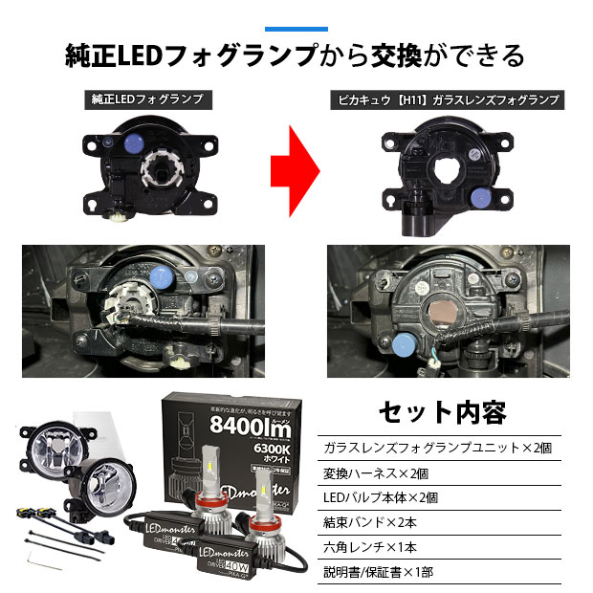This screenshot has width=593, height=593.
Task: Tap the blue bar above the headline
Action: pyautogui.click(x=296, y=29)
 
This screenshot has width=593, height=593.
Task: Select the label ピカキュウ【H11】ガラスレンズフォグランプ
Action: pyautogui.click(x=445, y=99)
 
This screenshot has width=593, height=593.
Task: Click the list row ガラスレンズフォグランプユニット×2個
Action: pyautogui.click(x=438, y=448)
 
